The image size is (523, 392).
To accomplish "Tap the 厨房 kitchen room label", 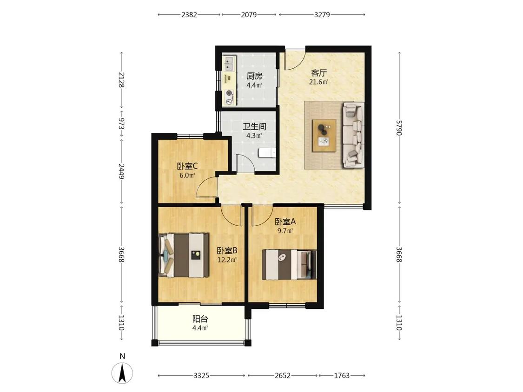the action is coord(254,76).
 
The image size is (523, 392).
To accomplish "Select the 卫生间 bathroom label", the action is coord(254,127).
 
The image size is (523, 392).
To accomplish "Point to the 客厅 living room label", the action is coord(319,72).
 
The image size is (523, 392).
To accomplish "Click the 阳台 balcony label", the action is coord(200,319).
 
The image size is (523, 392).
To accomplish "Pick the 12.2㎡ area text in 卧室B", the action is coord(227,260).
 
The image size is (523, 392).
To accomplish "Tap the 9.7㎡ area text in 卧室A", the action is coord(285,231).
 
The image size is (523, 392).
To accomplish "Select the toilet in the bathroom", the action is coord(267,153).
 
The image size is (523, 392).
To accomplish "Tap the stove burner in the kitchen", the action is coord(229,97).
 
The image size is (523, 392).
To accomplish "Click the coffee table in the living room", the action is coord(324,136).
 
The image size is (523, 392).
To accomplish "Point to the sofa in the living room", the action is coord(353,135).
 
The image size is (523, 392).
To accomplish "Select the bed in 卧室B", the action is coord(184,255).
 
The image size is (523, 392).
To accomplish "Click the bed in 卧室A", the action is coord(289,264).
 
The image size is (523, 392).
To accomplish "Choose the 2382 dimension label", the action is coord(189,15).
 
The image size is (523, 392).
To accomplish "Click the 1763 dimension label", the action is coord(342,376).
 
